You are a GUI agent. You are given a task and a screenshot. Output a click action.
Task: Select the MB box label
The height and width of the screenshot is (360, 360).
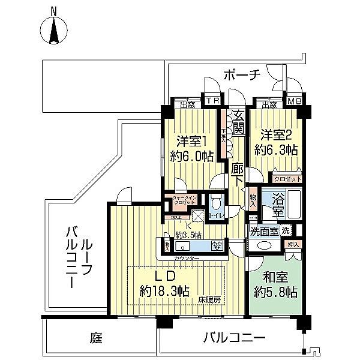tap(293, 102)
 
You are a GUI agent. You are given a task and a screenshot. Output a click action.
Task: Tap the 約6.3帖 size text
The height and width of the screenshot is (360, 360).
tap(275, 149)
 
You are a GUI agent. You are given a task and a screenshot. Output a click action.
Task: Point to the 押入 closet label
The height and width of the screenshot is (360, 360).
tap(292, 245)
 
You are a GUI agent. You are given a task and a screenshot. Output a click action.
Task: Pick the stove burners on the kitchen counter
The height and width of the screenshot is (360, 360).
tap(217, 245)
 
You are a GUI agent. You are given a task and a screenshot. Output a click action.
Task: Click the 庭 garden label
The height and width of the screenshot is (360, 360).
tap(97, 338)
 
